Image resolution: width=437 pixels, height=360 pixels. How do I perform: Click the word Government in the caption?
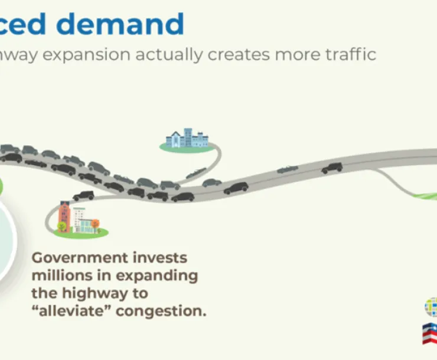(x=79, y=258)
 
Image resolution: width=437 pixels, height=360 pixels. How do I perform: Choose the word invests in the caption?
(x=159, y=258)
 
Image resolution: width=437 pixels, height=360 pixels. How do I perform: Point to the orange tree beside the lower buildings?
(x=95, y=224)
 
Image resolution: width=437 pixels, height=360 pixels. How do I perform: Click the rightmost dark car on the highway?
(x=332, y=168)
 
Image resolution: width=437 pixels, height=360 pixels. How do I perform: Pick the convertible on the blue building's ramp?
(x=196, y=173)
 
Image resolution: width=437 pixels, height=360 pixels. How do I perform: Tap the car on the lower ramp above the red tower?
(x=83, y=195)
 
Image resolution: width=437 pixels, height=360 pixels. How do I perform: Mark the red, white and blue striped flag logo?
(x=431, y=334)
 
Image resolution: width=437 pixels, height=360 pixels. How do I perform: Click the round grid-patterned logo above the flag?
(x=432, y=306)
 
